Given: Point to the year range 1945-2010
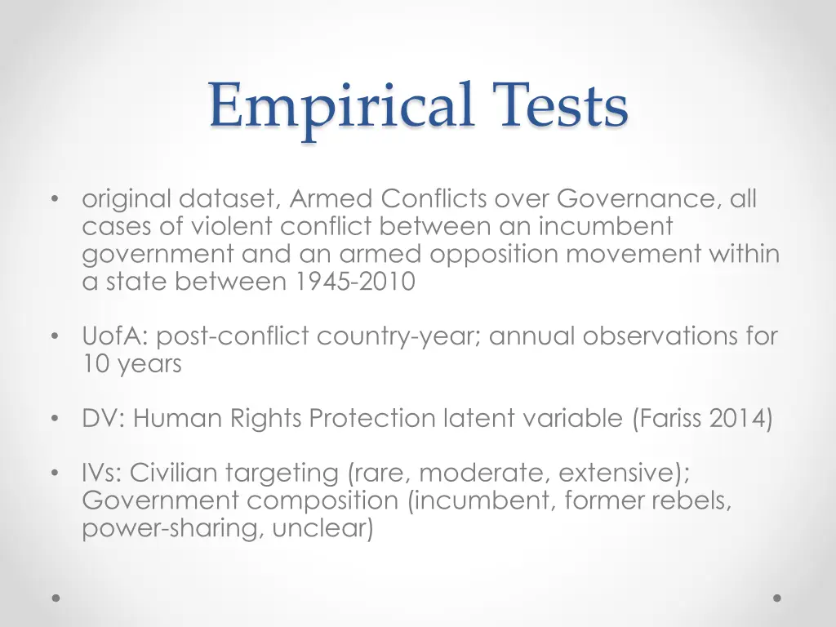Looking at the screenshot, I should pyautogui.click(x=355, y=282).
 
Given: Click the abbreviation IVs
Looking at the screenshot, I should pyautogui.click(x=101, y=473).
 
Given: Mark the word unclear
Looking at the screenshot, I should pyautogui.click(x=322, y=528).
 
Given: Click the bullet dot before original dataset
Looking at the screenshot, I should pyautogui.click(x=55, y=199).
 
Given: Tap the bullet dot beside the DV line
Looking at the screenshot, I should pyautogui.click(x=55, y=420).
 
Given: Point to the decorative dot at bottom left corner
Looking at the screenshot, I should pyautogui.click(x=56, y=598).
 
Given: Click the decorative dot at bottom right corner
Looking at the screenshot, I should pyautogui.click(x=777, y=598).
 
